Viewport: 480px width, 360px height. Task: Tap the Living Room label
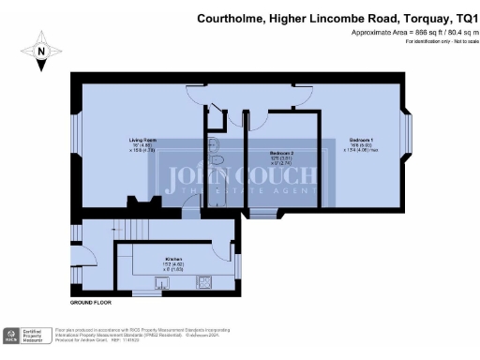click(142, 141)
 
